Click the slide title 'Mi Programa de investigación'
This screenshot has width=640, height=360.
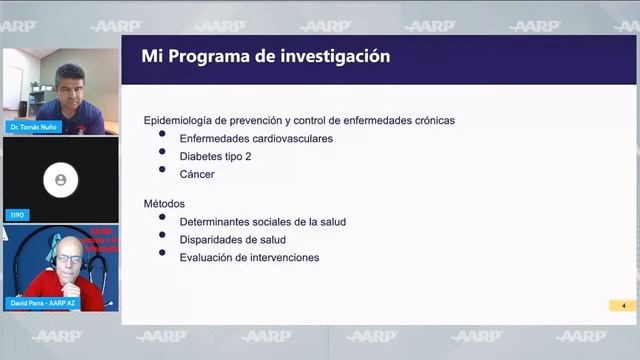[265, 57]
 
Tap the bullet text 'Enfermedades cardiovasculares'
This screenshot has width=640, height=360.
[256, 138]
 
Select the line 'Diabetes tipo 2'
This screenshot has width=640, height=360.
[215, 156]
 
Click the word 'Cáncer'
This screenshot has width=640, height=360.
[197, 174]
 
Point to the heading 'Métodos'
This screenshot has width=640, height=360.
[164, 203]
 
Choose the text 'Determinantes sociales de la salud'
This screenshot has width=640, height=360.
[262, 221]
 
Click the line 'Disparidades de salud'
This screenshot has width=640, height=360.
[232, 239]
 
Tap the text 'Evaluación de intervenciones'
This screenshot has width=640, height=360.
[249, 257]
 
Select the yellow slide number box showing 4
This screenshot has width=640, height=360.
[622, 305]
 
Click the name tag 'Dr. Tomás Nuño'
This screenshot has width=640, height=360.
[34, 127]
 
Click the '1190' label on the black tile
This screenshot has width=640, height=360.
[18, 215]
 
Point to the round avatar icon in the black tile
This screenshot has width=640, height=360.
[60, 180]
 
